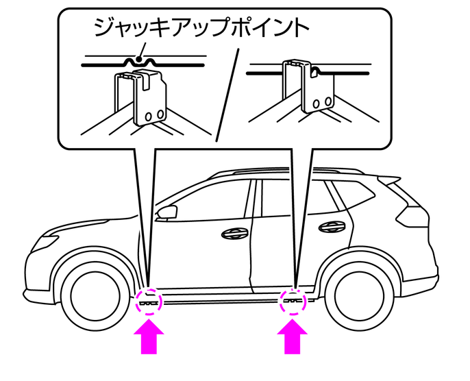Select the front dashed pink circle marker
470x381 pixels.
[149, 301]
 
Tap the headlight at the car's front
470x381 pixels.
[47, 241]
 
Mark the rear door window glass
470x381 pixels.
[291, 195]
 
